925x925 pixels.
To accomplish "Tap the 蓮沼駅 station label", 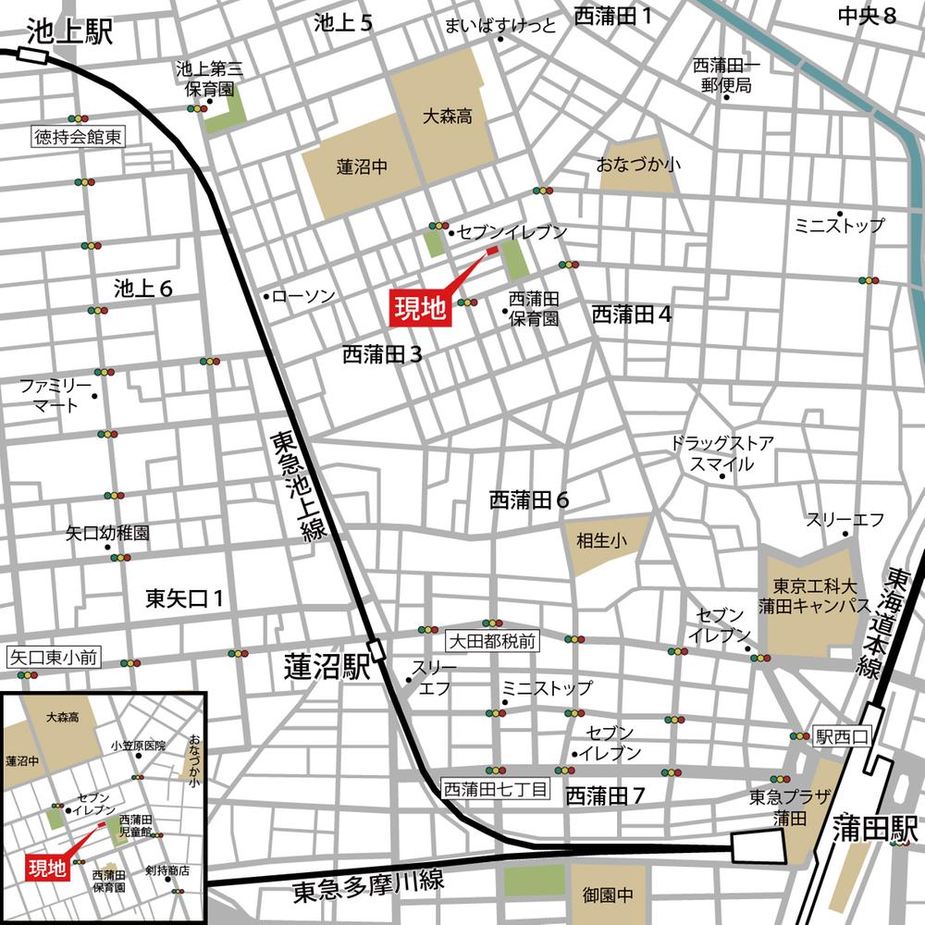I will point(325,667).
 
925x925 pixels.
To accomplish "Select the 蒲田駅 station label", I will point(873,826).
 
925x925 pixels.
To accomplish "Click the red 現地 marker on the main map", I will point(421,306).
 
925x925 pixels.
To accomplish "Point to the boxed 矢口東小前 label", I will point(54,659).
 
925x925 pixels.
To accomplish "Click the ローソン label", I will point(303,295).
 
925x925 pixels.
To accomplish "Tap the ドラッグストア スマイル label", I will point(722,453).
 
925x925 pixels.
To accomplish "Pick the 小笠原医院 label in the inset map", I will point(138,745).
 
